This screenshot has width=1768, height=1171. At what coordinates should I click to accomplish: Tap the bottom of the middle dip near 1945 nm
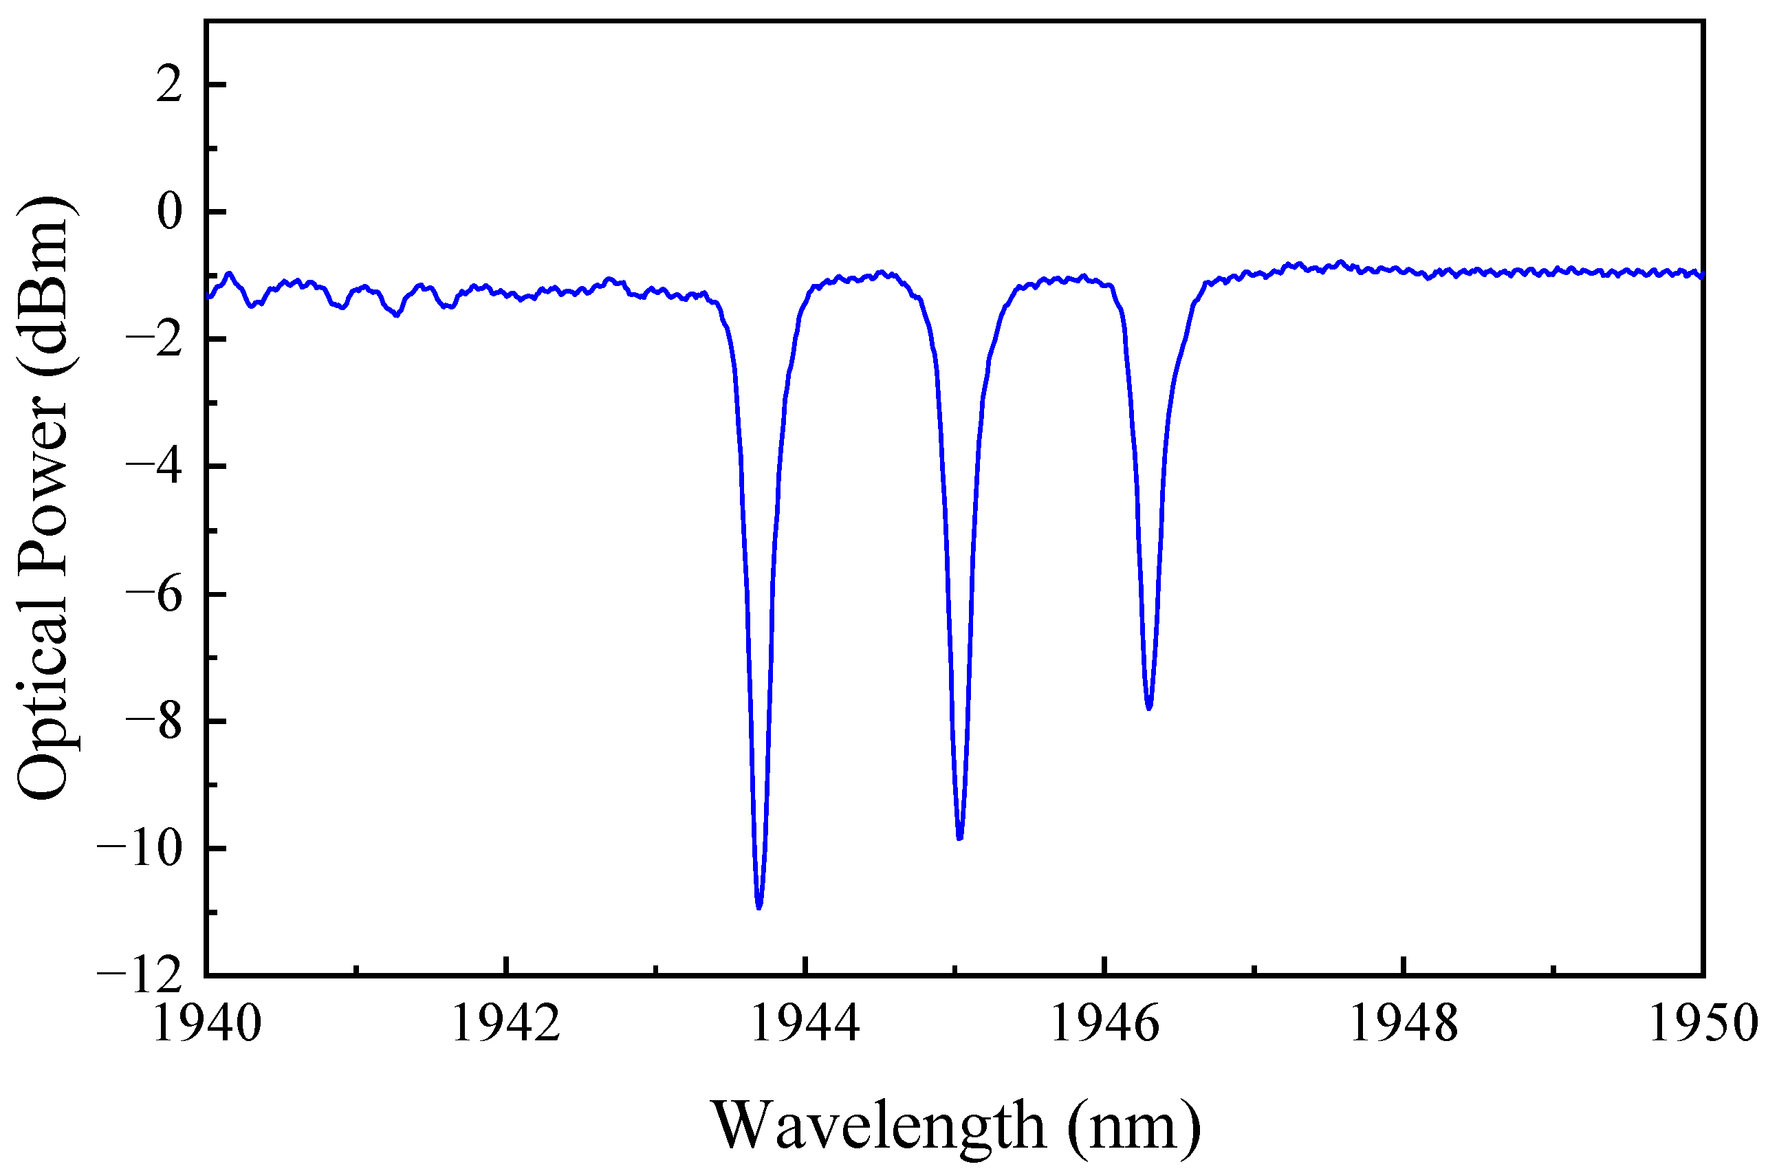pyautogui.click(x=960, y=838)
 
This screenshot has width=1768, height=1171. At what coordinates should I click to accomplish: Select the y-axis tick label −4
pyautogui.click(x=154, y=468)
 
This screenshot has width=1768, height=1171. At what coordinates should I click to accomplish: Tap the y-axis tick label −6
pyautogui.click(x=154, y=595)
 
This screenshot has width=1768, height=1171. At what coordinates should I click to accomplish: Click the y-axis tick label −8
pyautogui.click(x=154, y=722)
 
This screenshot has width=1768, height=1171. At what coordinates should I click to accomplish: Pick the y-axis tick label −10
pyautogui.click(x=140, y=850)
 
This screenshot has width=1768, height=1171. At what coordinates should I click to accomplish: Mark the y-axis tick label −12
pyautogui.click(x=140, y=975)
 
